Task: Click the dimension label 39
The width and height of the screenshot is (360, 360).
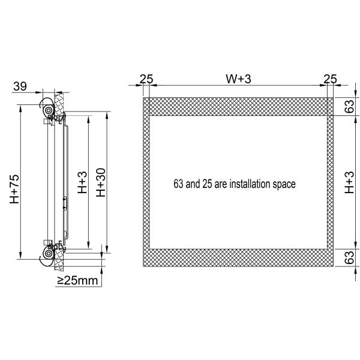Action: coord(20,86)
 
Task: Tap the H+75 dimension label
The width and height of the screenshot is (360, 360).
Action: coord(14,189)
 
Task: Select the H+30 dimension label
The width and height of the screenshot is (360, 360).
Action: coord(101,182)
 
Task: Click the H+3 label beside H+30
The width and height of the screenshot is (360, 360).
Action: coord(82,182)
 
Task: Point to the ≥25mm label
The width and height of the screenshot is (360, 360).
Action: coord(77,280)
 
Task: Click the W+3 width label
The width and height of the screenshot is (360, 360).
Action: coord(238,79)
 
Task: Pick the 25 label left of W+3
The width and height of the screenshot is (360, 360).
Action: coord(146,79)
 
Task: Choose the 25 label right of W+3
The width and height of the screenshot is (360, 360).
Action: coord(330,79)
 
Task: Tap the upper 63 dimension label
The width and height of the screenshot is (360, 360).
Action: coord(349,106)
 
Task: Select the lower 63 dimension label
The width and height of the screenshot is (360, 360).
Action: coord(349,257)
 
